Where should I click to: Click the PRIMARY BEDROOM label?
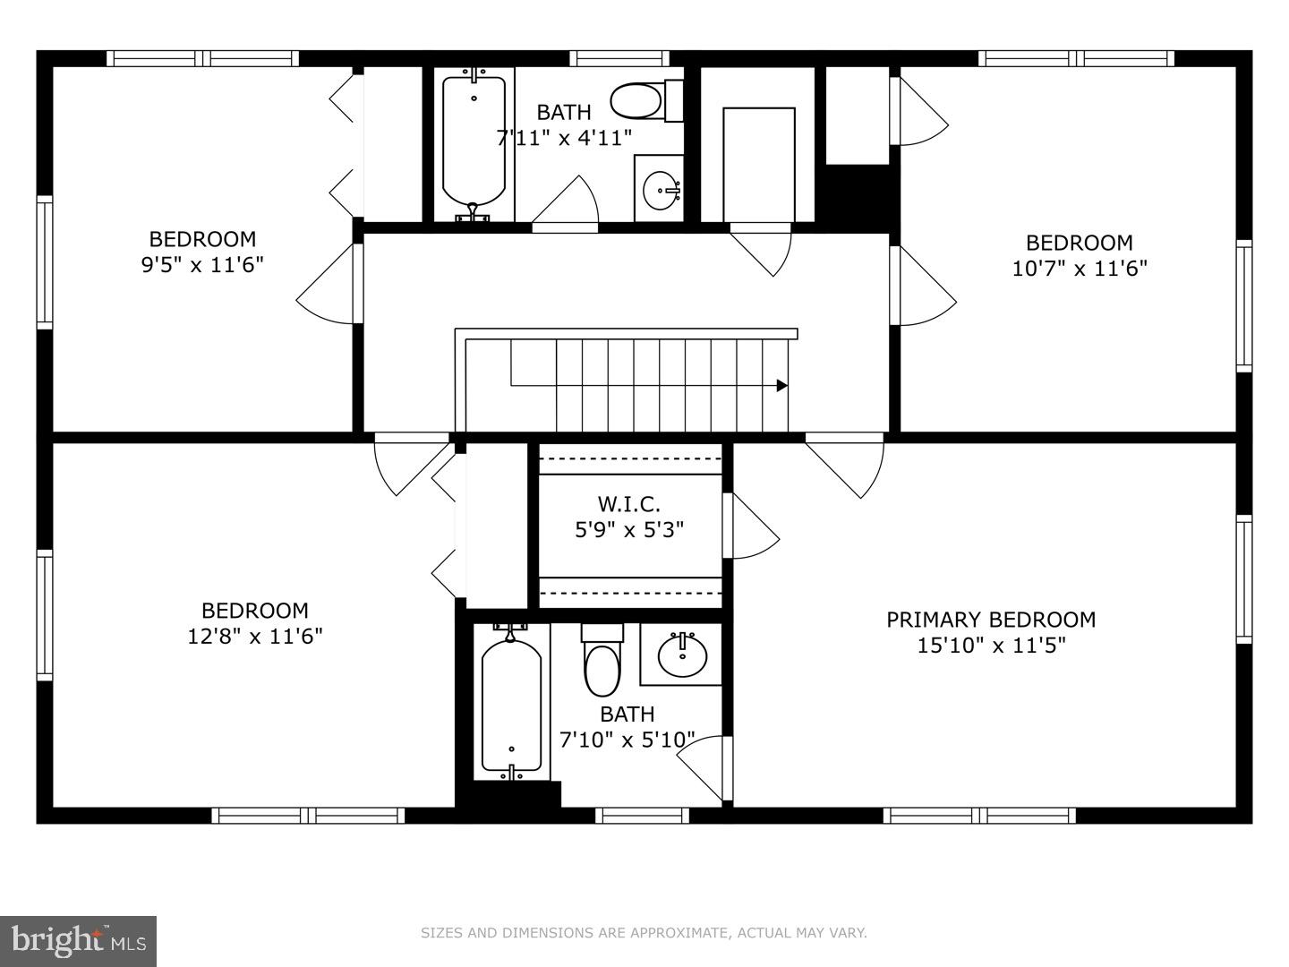[990, 620]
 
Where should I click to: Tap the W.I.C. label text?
[628, 504]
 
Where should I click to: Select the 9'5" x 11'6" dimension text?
[202, 265]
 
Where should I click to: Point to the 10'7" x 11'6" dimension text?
[1079, 269]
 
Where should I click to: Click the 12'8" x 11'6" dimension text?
[255, 637]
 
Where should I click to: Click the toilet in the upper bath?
[644, 100]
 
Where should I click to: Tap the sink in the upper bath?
[662, 189]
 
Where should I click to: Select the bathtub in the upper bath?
[474, 143]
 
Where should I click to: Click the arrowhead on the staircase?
[781, 386]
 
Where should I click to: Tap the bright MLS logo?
[79, 941]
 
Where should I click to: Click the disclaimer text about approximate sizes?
[644, 933]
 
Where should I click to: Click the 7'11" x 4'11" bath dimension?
[564, 138]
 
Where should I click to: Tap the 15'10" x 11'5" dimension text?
[990, 646]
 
